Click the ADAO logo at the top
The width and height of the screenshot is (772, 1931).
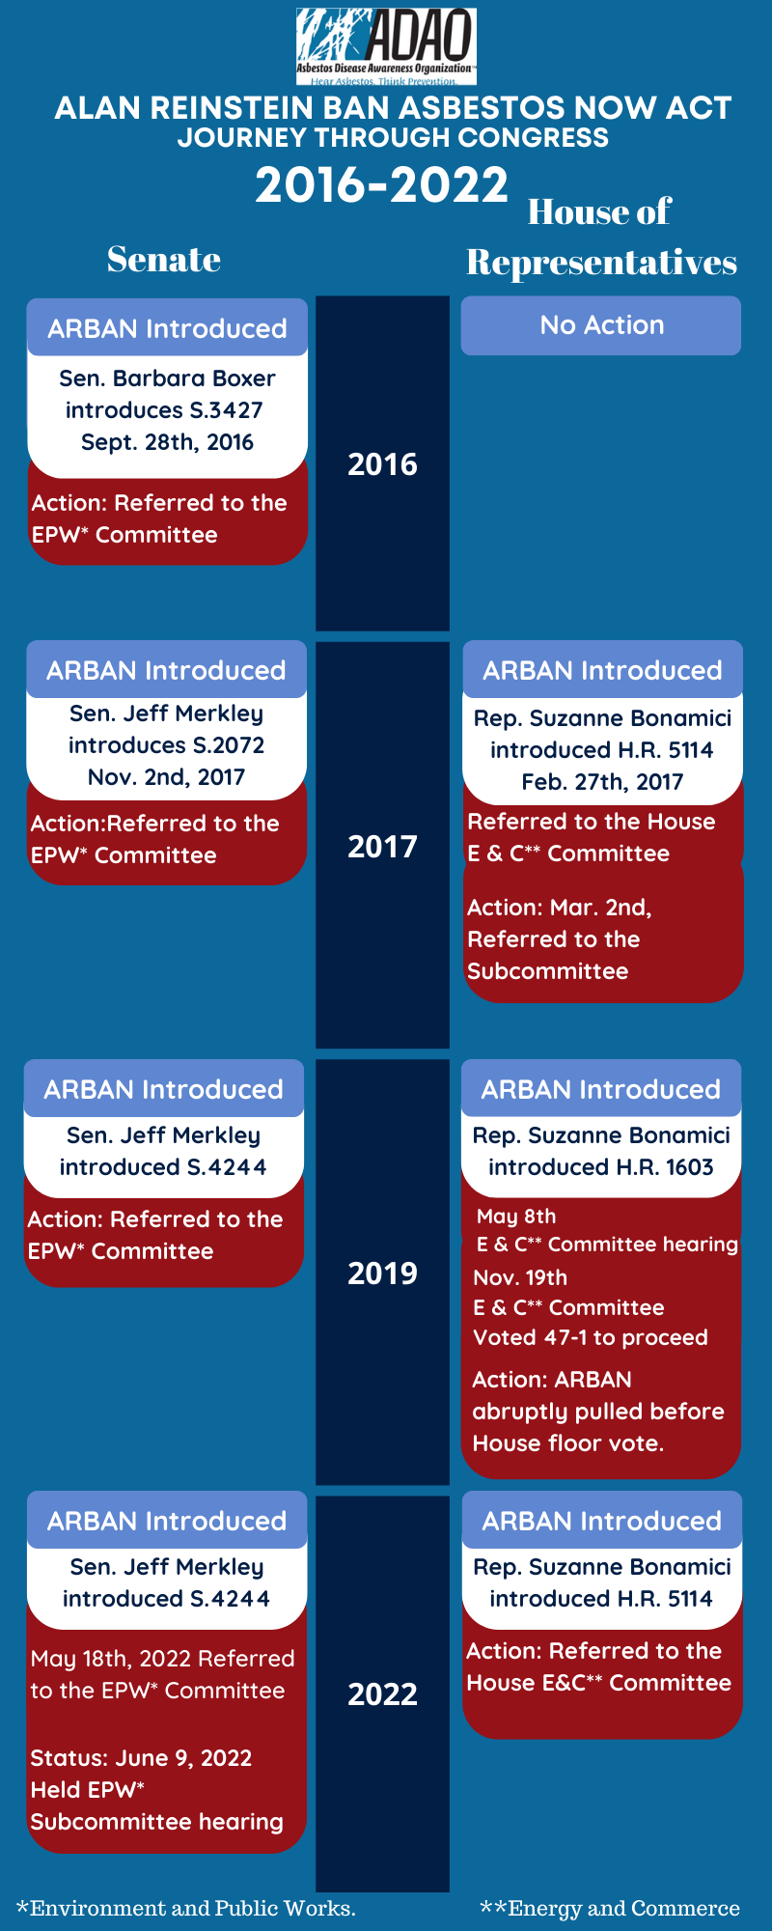(386, 46)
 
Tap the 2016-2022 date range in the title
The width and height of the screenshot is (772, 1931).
(381, 185)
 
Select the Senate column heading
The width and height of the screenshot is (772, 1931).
(164, 259)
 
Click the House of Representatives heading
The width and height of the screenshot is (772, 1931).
(601, 237)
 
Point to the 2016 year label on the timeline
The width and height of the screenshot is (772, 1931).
(382, 464)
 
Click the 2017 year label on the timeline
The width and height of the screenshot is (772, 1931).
(382, 847)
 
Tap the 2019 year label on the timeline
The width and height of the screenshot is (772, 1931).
(382, 1273)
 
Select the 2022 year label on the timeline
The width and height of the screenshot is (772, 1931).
(382, 1693)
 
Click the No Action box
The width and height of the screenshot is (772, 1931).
(601, 325)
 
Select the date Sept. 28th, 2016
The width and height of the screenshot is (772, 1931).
(167, 442)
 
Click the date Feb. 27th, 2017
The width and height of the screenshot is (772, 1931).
(602, 782)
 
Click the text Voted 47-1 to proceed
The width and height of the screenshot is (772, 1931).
(591, 1337)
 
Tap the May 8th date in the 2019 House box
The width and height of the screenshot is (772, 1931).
(516, 1217)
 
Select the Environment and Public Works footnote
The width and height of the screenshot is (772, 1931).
(186, 1908)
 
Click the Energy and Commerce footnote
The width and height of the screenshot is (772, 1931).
(610, 1908)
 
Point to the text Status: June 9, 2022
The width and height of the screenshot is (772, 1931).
(141, 1758)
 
